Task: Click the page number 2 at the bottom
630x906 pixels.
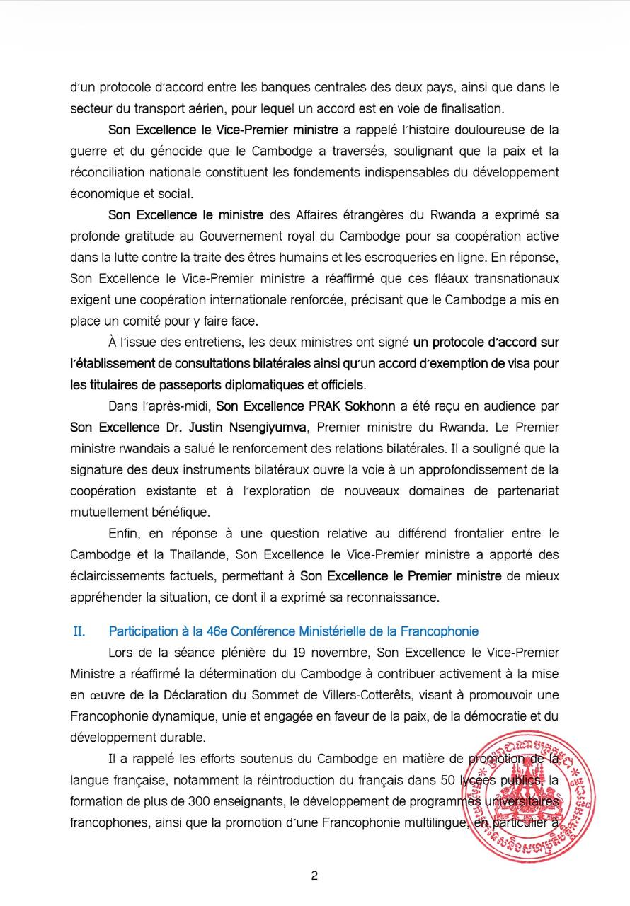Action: point(314,876)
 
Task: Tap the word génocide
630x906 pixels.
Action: point(156,151)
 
